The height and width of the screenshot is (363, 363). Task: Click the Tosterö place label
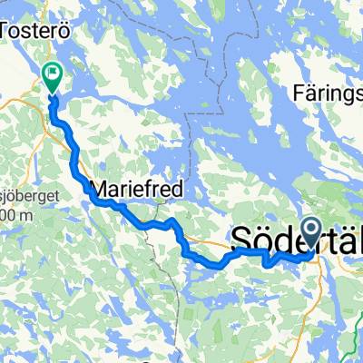click(x=37, y=30)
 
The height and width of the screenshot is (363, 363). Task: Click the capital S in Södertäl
click(x=244, y=240)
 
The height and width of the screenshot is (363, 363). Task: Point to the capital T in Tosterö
click(x=13, y=30)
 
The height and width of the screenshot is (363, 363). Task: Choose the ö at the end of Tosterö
click(x=64, y=30)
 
